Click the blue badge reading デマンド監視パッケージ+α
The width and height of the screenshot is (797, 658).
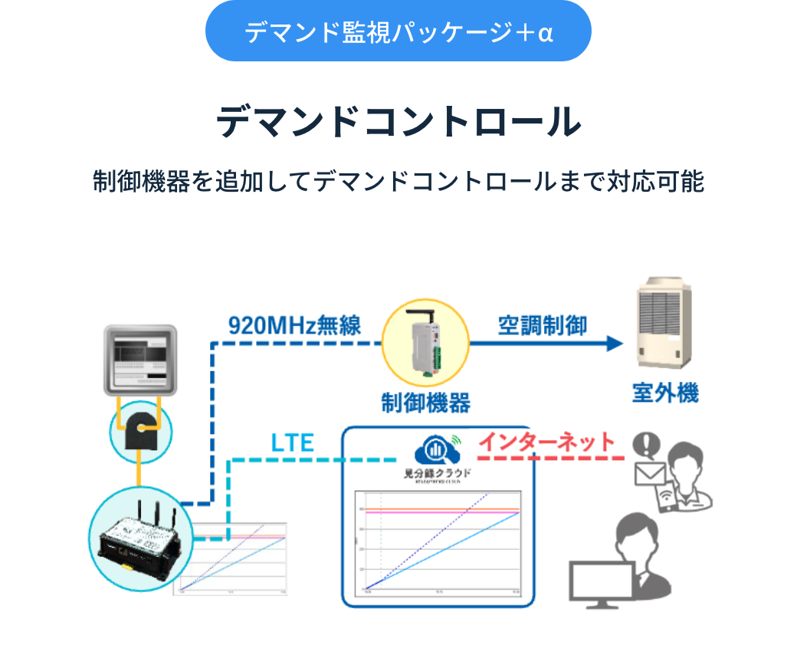(398, 32)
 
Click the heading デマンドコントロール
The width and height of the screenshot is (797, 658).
(398, 123)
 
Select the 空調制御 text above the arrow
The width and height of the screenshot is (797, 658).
(543, 324)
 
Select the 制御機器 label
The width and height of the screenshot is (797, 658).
(425, 402)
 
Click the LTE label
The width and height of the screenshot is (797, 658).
(293, 443)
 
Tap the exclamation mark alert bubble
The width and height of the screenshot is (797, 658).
(648, 444)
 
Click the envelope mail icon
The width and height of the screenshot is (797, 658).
(648, 475)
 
